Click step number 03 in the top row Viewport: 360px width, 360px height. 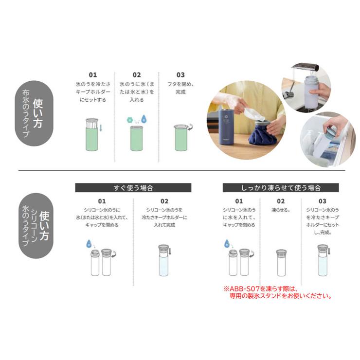(180, 75)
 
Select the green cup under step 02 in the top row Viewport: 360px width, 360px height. (136, 139)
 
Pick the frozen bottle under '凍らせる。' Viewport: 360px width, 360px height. (281, 263)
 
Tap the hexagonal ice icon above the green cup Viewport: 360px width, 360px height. (129, 118)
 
